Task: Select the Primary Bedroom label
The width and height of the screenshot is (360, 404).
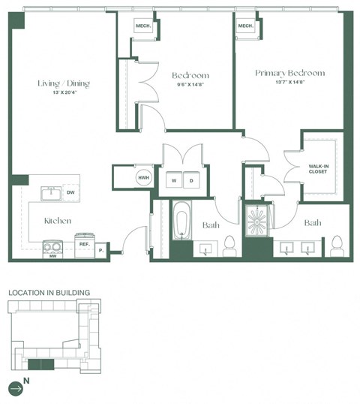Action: click(289, 73)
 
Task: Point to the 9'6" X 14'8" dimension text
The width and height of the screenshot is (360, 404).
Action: click(190, 85)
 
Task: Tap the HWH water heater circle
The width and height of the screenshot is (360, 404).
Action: click(143, 179)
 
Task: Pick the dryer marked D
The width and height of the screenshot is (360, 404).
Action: click(191, 180)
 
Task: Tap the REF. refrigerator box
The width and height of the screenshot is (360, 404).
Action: click(85, 242)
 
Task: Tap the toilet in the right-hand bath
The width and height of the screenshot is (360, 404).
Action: click(336, 245)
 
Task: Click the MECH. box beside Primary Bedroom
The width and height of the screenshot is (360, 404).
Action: click(245, 26)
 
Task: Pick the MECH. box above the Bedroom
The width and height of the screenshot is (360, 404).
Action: click(143, 26)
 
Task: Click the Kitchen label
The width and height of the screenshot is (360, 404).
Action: click(57, 221)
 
